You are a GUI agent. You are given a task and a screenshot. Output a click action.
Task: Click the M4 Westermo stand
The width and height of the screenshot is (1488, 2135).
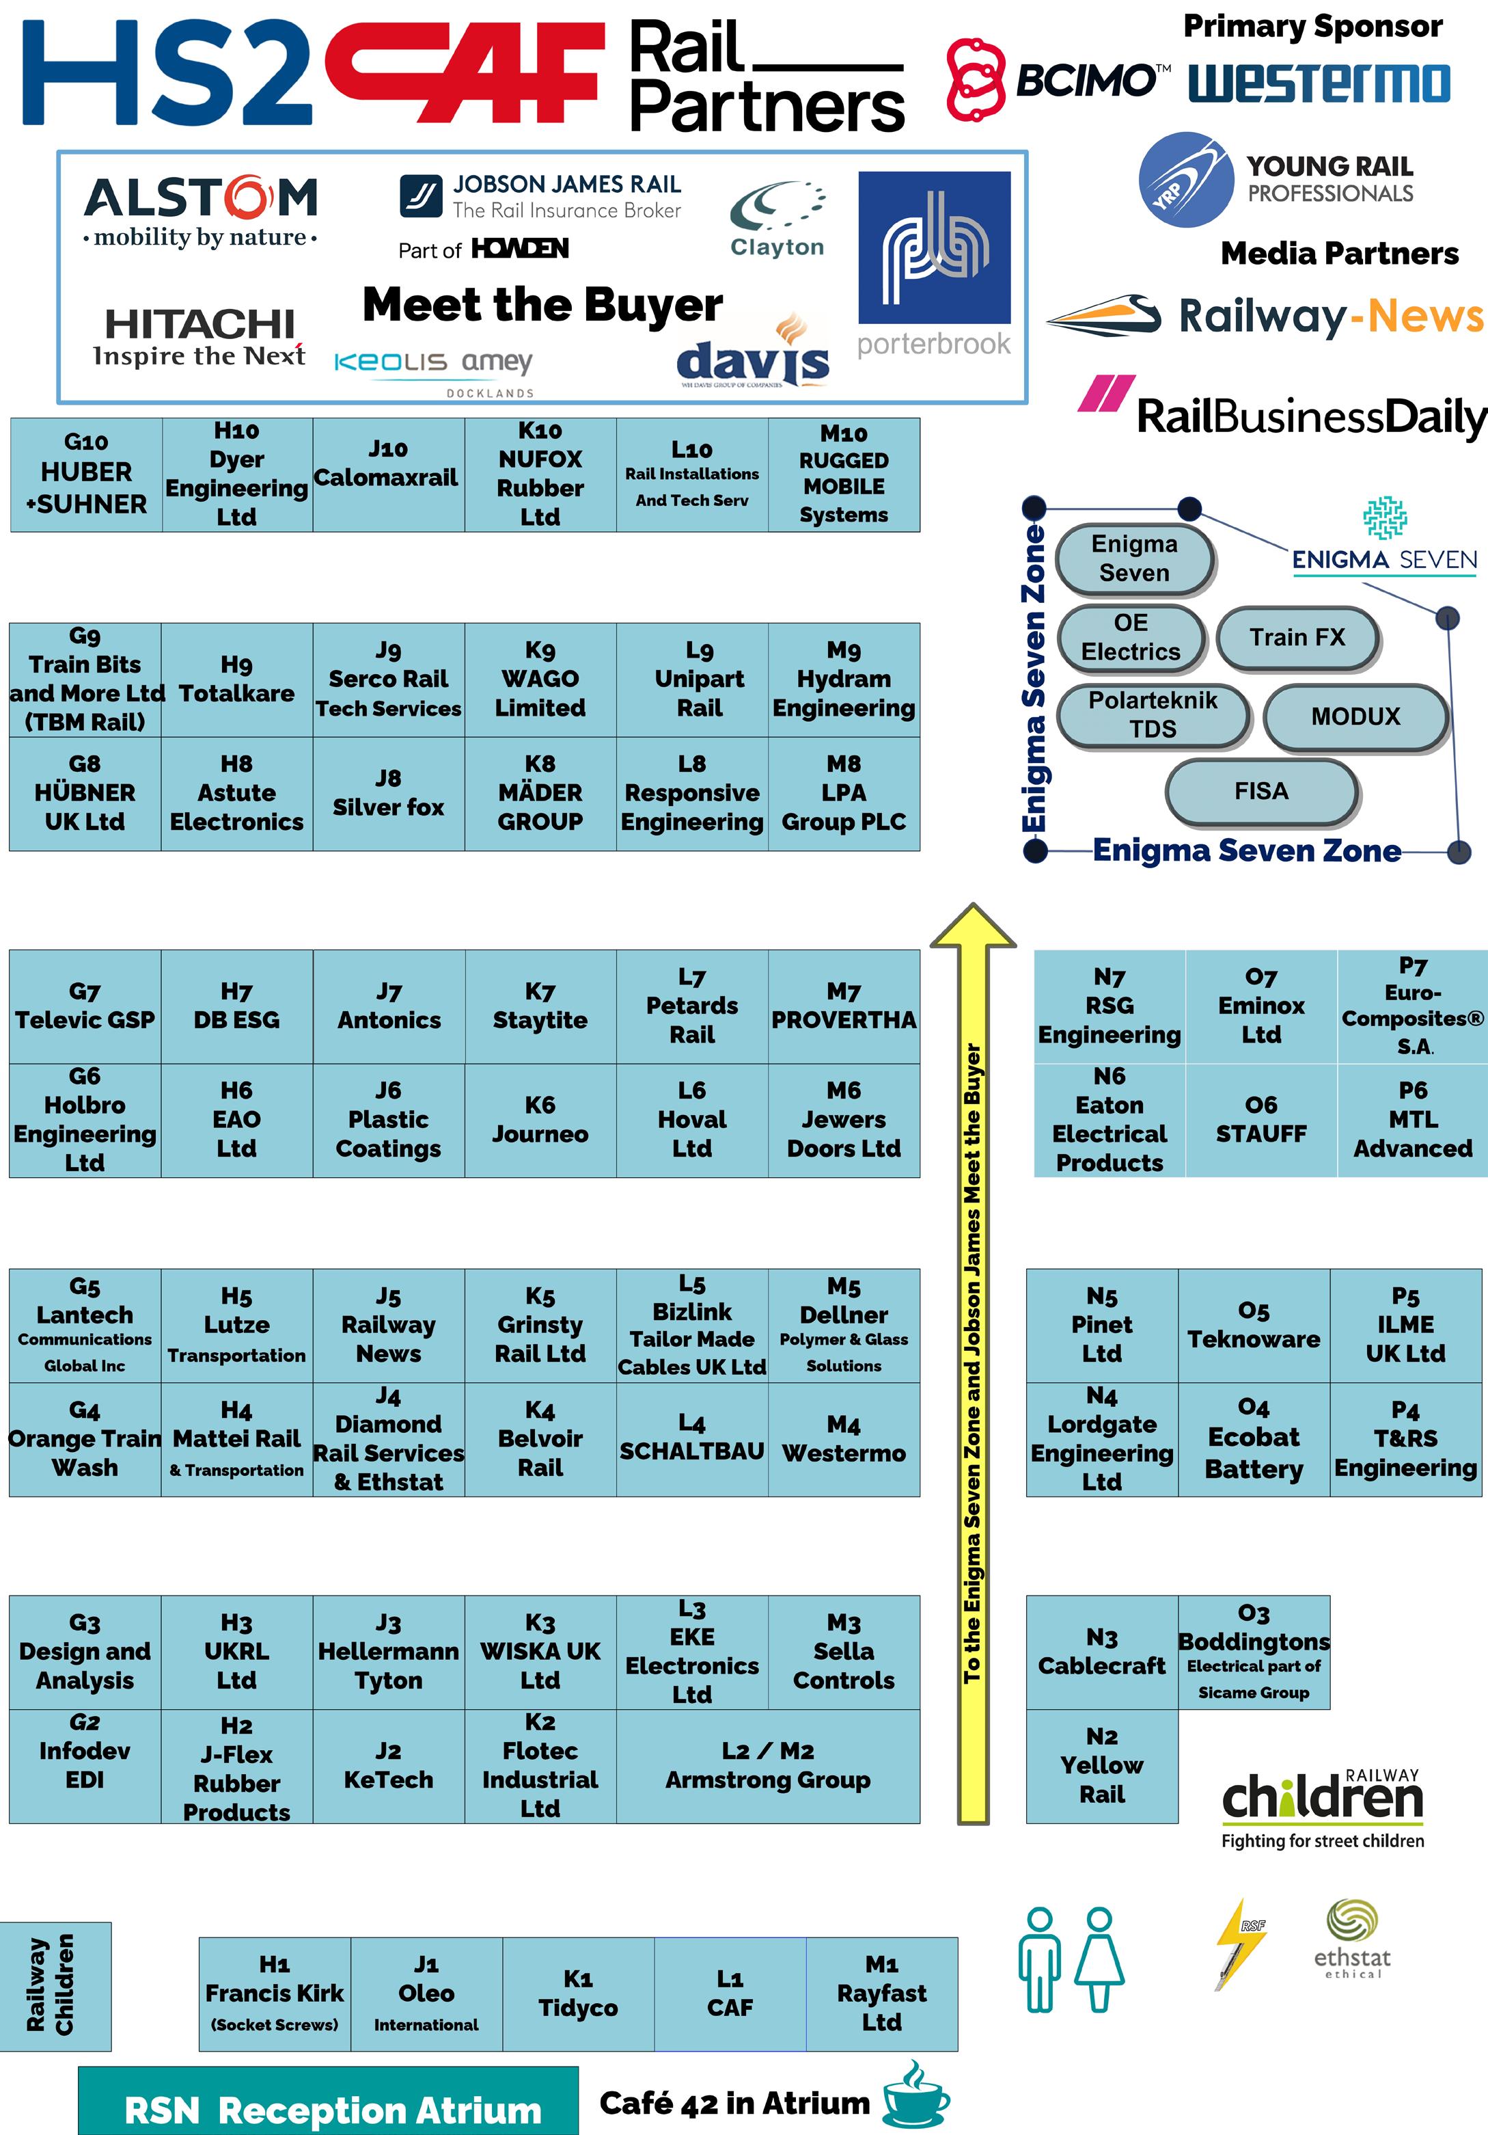point(843,1440)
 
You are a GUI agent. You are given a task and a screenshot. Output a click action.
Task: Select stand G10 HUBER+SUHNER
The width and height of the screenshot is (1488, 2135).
point(85,474)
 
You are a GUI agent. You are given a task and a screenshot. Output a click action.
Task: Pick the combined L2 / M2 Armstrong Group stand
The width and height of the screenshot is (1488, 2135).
point(768,1765)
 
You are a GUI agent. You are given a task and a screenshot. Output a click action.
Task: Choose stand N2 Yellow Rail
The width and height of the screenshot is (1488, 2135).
point(1101,1765)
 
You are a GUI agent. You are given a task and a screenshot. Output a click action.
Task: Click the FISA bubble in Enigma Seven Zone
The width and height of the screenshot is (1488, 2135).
point(1261,792)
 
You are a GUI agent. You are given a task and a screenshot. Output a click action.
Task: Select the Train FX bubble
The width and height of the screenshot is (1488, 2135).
point(1297,638)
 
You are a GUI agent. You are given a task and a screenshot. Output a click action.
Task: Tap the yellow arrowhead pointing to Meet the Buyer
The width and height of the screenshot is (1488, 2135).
point(973,928)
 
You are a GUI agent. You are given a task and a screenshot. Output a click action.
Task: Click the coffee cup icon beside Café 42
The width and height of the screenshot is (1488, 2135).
point(915,2096)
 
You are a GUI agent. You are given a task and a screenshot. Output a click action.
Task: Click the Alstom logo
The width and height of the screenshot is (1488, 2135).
point(201,210)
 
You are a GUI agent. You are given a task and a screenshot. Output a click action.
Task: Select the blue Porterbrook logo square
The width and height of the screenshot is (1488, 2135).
point(934,247)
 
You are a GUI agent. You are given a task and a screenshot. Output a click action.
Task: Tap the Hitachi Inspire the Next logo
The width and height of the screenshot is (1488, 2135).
point(199,336)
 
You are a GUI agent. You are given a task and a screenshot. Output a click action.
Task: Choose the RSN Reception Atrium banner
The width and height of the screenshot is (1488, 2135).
point(328,2104)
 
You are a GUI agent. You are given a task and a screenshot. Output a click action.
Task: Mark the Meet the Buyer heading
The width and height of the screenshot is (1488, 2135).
point(542,305)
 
